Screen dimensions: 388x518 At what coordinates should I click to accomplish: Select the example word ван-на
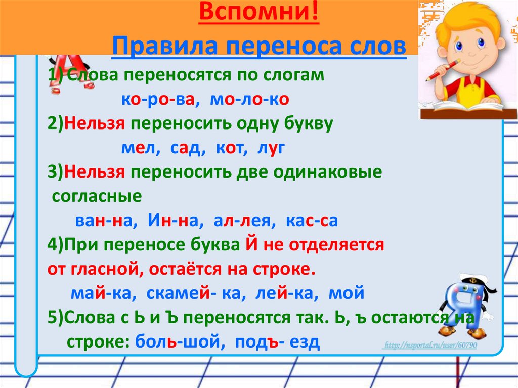pos(103,221)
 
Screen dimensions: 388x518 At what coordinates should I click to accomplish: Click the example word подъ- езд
pos(277,342)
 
